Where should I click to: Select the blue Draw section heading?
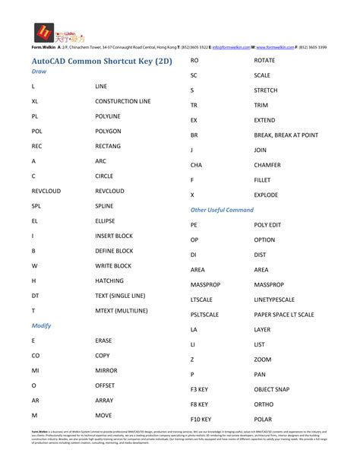pyautogui.click(x=39, y=71)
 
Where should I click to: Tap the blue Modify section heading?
pyautogui.click(x=41, y=325)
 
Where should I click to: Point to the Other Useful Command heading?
pyautogui.click(x=222, y=209)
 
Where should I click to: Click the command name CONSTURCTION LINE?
pyautogui.click(x=122, y=101)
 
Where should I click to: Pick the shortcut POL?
pyautogui.click(x=37, y=131)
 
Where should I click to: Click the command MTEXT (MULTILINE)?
pyautogui.click(x=122, y=310)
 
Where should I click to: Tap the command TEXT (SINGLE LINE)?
pyautogui.click(x=122, y=295)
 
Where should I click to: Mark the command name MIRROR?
pyautogui.click(x=107, y=370)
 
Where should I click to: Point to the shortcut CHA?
pyautogui.click(x=196, y=164)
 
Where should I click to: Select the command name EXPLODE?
pyautogui.click(x=266, y=195)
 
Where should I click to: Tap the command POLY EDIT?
pyautogui.click(x=267, y=225)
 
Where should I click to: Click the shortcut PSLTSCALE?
pyautogui.click(x=205, y=314)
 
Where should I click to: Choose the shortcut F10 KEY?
pyautogui.click(x=201, y=419)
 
